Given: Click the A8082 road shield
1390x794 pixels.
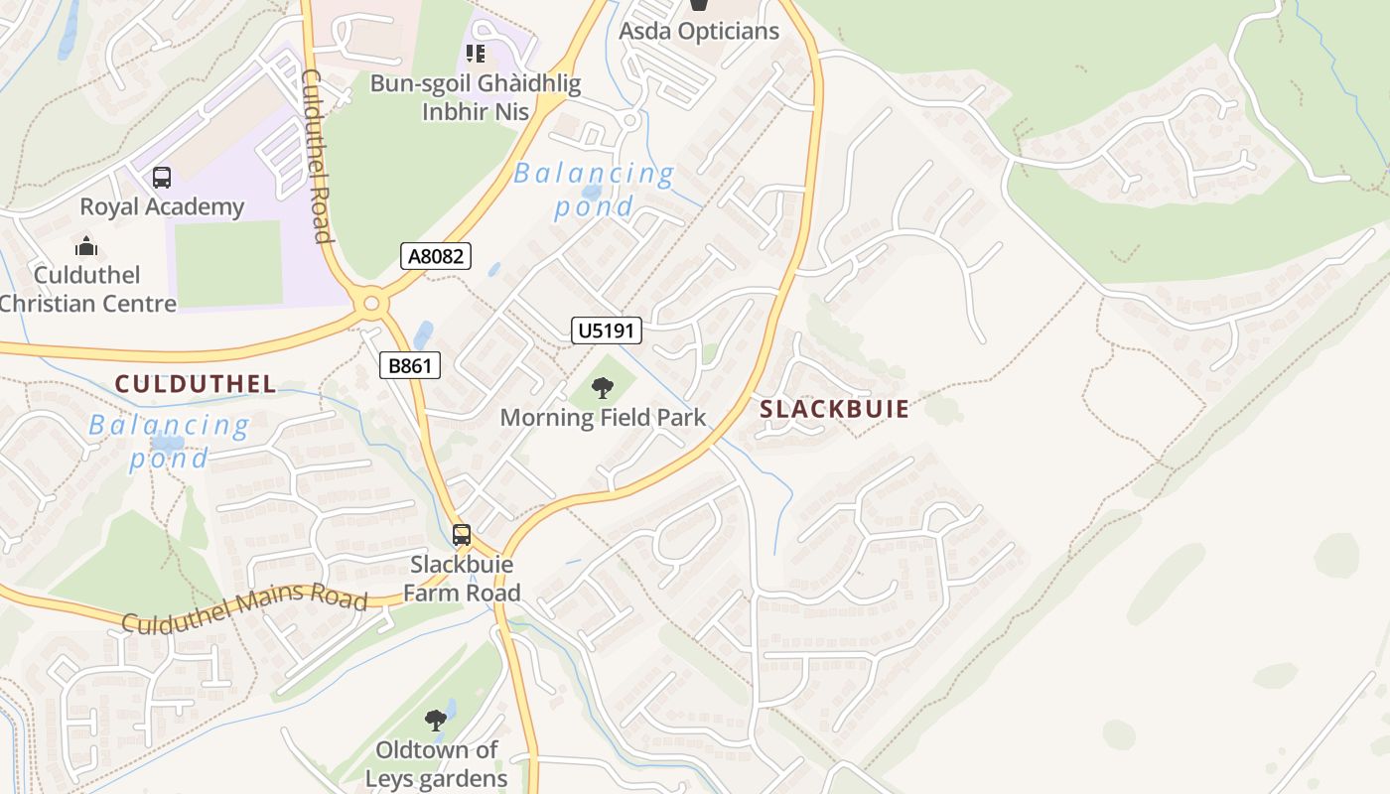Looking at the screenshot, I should (436, 256).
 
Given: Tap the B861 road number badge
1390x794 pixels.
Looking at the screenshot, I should (409, 365).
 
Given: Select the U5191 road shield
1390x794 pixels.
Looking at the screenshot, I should (606, 331).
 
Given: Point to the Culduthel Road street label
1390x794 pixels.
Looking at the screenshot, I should (316, 156).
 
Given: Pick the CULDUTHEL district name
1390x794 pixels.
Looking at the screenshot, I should (195, 384).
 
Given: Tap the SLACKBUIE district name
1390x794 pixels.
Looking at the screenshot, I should (834, 409).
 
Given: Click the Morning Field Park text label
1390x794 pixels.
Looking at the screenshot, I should (603, 417).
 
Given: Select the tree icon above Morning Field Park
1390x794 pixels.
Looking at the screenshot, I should (603, 388).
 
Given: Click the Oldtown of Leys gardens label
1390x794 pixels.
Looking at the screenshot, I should (436, 764).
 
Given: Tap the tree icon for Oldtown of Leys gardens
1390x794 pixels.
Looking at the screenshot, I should (435, 720).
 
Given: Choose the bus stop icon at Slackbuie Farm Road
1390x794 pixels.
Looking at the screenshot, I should (462, 535).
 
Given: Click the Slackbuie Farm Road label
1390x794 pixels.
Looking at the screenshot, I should (462, 579).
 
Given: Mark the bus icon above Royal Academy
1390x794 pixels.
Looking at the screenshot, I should (162, 178).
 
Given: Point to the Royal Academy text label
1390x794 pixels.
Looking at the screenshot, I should (162, 206).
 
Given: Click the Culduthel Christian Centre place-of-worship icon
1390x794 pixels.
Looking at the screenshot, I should (86, 245).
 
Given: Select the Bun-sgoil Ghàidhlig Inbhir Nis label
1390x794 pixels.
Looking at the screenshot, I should (475, 97).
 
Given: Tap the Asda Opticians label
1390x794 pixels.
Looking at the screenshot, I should (699, 31).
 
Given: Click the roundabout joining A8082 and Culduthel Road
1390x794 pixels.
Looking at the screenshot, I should (372, 303).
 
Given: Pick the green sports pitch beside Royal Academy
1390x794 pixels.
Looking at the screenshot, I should (227, 264).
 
